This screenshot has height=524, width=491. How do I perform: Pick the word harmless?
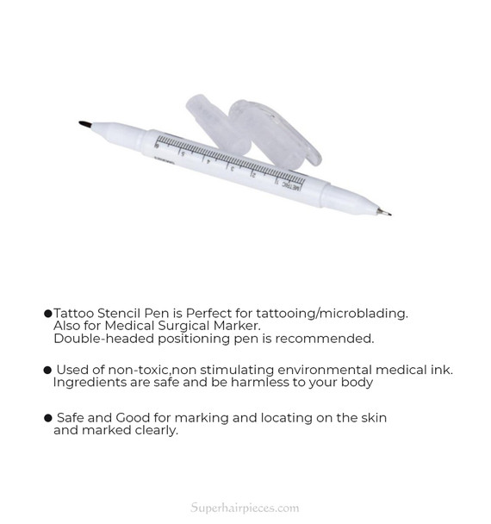[258, 382]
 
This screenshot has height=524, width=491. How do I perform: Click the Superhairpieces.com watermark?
[245, 508]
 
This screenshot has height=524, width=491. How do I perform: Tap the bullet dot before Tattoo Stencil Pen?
[47, 314]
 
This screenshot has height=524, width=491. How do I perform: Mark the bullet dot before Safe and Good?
[48, 418]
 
